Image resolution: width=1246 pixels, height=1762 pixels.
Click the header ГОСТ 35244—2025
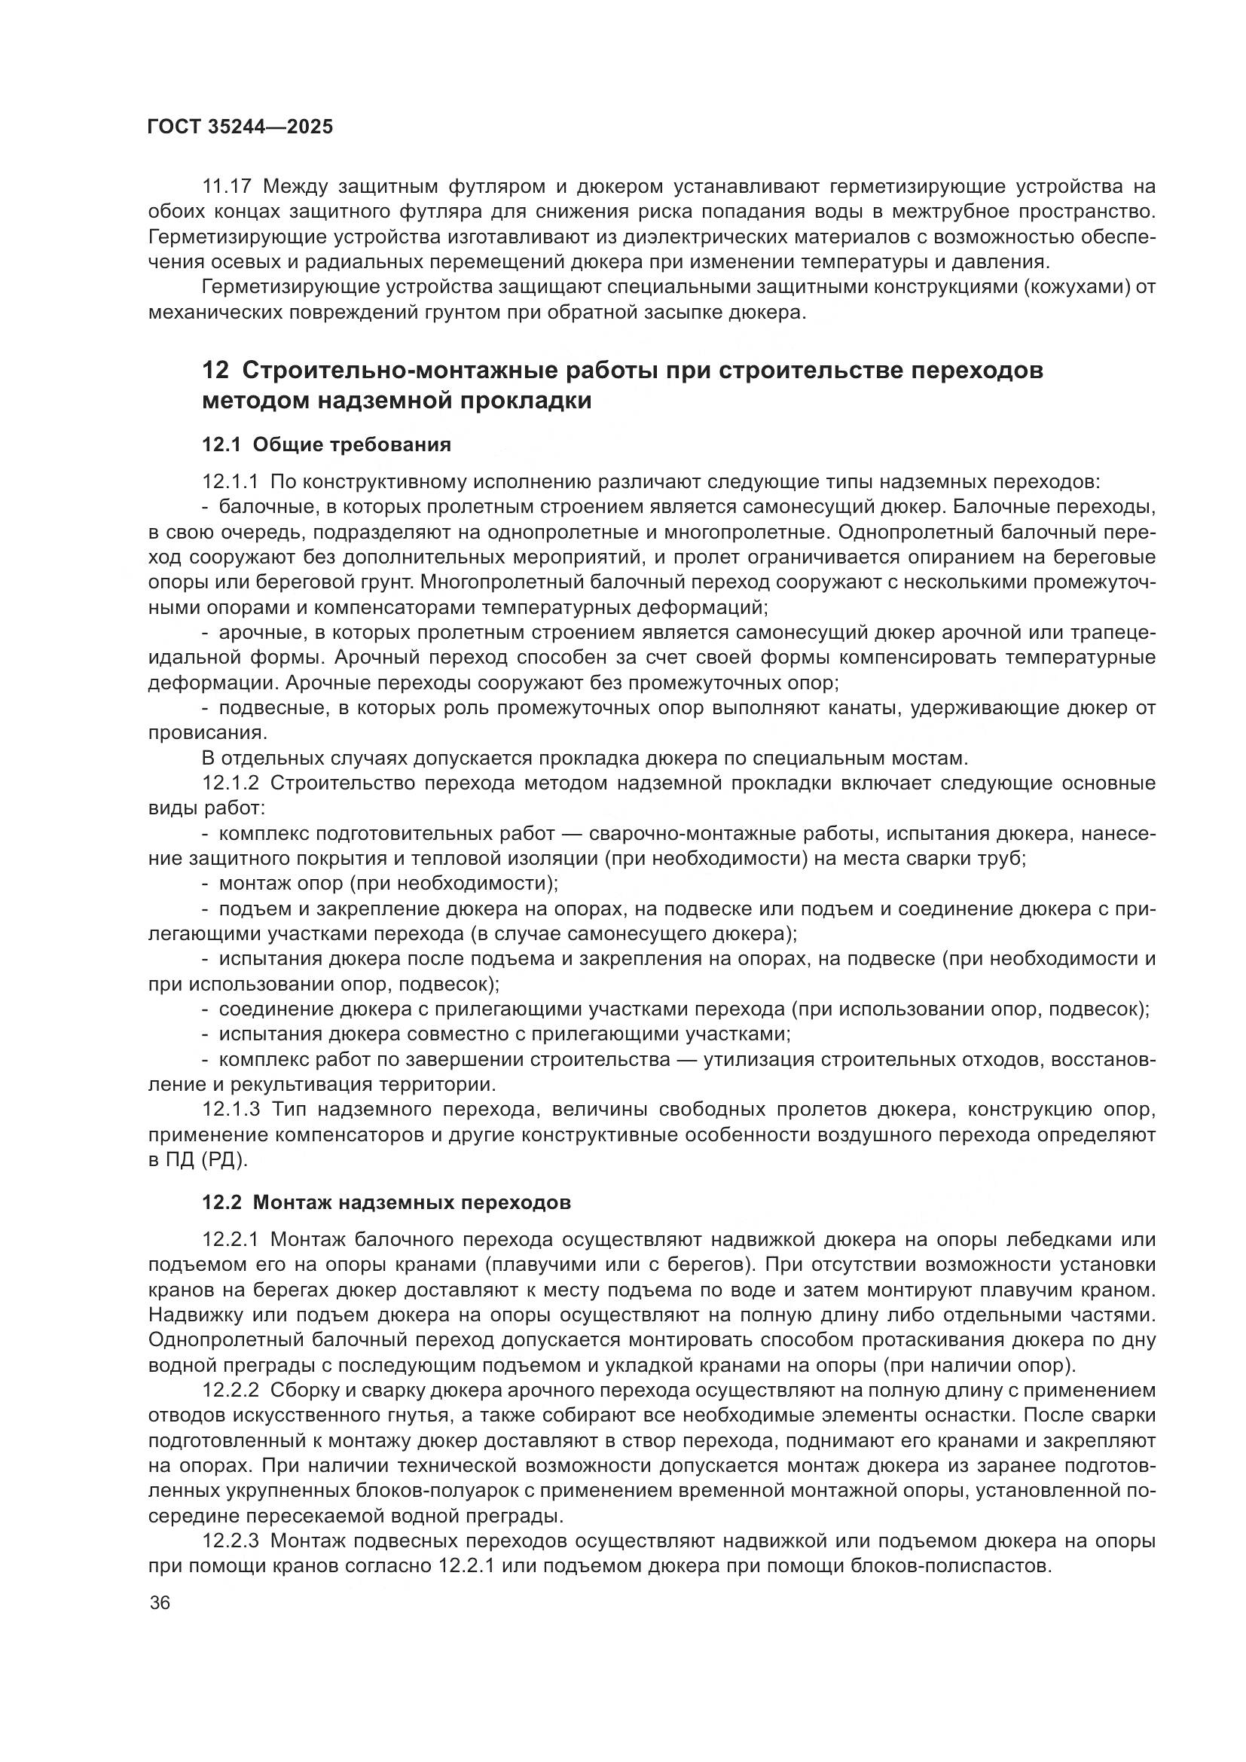coord(240,127)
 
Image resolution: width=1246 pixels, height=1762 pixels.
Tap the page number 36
coord(160,1603)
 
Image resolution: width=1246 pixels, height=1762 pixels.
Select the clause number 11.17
coord(226,187)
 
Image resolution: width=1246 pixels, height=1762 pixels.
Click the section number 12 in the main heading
coord(215,371)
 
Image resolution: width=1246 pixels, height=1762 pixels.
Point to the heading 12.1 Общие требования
coord(326,445)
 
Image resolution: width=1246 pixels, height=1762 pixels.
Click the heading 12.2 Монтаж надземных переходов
coord(386,1202)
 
